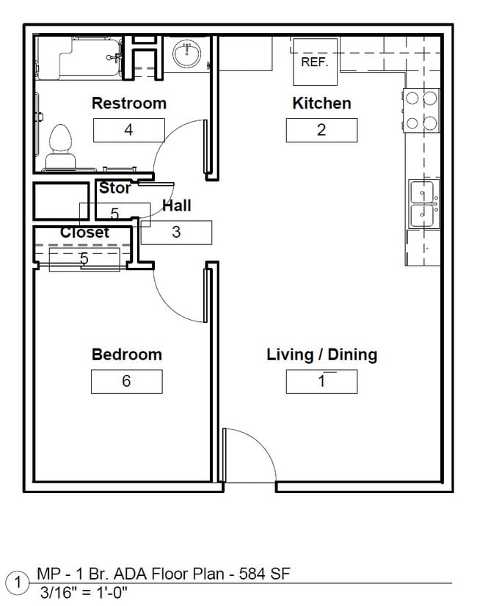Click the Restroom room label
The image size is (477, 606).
[128, 103]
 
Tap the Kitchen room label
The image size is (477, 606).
[321, 103]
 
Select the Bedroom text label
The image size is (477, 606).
[126, 354]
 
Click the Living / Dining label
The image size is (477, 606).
[321, 354]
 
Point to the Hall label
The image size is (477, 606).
[177, 206]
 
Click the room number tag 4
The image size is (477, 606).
[128, 131]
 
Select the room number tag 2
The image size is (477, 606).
[321, 131]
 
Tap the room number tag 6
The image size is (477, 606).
[126, 382]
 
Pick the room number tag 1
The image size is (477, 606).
[321, 382]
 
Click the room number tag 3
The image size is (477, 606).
[176, 233]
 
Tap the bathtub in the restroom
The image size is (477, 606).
[78, 56]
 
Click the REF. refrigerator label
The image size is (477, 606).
[314, 62]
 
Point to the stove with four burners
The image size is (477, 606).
[420, 110]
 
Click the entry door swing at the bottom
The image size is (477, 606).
[248, 455]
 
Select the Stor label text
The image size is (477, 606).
[115, 189]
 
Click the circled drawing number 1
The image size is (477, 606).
[16, 583]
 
